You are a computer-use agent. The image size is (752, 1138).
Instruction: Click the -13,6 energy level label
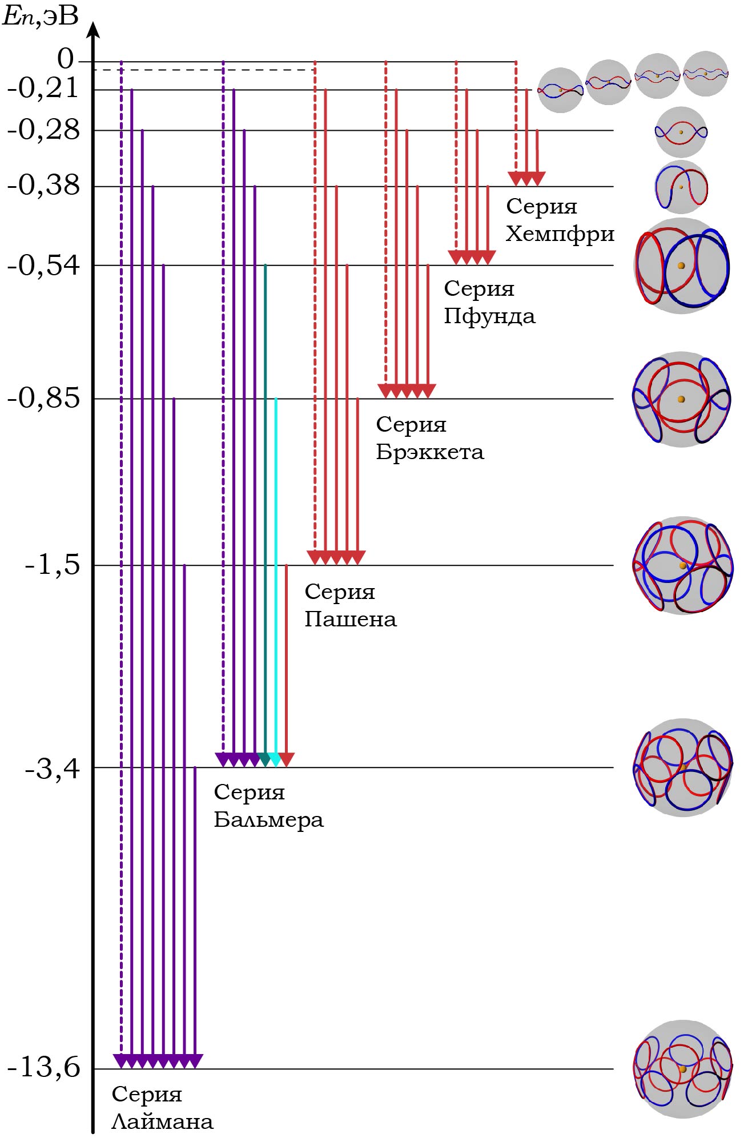(43, 1067)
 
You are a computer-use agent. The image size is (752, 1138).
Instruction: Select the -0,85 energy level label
(43, 398)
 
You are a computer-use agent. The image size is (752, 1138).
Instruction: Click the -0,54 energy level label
(43, 265)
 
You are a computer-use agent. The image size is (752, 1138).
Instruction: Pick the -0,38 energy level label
(43, 185)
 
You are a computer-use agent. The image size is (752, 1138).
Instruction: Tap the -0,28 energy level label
(43, 130)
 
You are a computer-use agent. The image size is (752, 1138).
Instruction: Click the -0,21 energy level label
(43, 88)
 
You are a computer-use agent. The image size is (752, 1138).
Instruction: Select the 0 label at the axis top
(66, 59)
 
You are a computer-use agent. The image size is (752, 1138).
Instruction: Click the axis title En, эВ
(40, 16)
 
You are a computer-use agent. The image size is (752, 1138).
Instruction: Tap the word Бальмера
(268, 820)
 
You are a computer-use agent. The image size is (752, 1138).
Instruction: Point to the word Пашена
(350, 619)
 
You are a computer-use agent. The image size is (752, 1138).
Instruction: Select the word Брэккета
(429, 452)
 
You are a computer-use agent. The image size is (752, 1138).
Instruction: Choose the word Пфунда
(489, 316)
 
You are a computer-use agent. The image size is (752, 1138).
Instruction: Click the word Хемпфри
(560, 234)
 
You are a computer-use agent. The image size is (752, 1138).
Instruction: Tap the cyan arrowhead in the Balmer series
(275, 759)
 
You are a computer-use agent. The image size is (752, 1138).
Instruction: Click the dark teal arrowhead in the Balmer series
(264, 759)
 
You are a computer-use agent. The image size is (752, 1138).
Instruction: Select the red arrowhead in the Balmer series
(287, 759)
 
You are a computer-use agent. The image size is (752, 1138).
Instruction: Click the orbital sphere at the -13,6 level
(682, 1068)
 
